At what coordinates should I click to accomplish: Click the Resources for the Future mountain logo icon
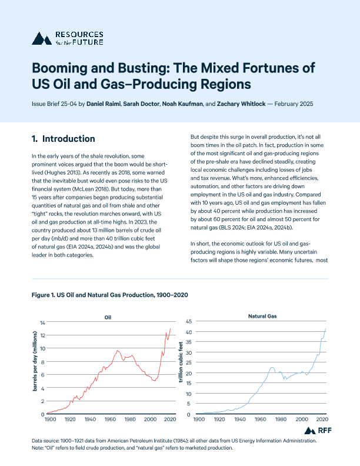point(41,39)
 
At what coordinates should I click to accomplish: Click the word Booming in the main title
point(64,66)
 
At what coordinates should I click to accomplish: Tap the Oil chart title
point(108,317)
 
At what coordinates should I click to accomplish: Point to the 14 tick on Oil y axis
point(42,323)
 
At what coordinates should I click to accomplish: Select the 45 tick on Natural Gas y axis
point(188,321)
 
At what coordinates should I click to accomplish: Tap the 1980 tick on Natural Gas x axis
point(281,420)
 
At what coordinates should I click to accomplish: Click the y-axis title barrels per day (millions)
point(35,368)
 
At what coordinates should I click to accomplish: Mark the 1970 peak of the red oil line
point(118,351)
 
